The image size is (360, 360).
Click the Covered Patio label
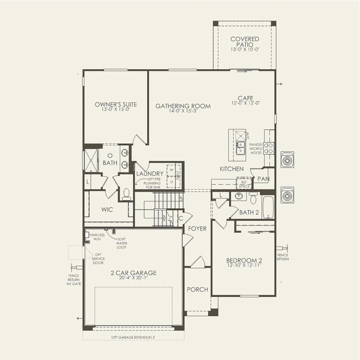coord(245,42)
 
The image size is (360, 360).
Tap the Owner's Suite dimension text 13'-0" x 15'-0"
coord(116,110)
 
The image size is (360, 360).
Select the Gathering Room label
coord(183,106)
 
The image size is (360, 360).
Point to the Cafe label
coord(245,98)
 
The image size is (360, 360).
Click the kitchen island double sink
coord(240,148)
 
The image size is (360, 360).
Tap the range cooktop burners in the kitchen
coord(269,148)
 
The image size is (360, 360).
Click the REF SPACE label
coord(244,184)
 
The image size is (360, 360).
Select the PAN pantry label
coord(263,179)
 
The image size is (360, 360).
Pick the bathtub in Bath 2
coord(268,207)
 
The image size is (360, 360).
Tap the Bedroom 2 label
coord(242,260)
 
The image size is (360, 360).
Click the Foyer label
coord(197,228)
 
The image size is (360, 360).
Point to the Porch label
coord(197,289)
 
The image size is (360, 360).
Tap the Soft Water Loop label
coord(122,243)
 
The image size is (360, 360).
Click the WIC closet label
coord(107,209)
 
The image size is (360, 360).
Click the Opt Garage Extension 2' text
coord(135,337)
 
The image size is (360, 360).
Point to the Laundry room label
coord(150,173)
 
